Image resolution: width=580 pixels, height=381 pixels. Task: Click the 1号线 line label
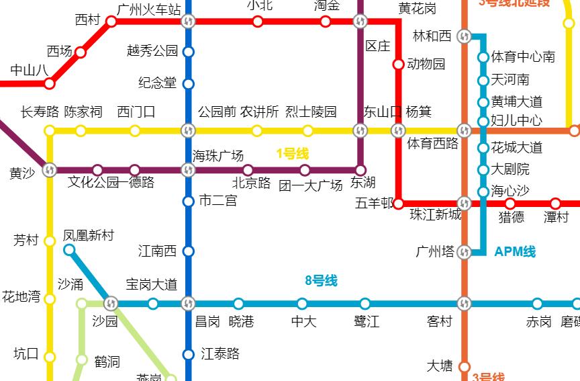click(x=292, y=154)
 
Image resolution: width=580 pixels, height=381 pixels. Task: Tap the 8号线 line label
click(x=321, y=281)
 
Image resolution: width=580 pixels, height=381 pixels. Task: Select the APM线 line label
click(x=515, y=252)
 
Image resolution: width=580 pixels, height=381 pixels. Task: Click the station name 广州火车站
click(x=148, y=9)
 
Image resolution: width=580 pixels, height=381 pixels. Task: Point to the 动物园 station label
click(x=426, y=64)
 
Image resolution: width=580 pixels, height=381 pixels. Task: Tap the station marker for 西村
click(x=111, y=22)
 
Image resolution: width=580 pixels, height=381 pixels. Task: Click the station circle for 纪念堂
click(x=188, y=84)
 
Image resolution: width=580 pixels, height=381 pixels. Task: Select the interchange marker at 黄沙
click(x=49, y=170)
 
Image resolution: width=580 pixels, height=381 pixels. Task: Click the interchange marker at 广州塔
click(x=464, y=253)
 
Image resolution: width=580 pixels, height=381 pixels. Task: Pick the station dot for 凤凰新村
click(x=69, y=250)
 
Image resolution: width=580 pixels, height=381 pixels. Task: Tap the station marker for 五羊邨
click(x=398, y=203)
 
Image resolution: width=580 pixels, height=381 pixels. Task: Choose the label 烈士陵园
click(x=311, y=112)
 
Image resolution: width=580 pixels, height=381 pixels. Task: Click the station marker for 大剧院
click(x=483, y=170)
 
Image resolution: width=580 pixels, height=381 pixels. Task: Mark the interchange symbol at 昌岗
click(x=188, y=304)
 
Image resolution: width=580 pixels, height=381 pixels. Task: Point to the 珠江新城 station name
click(x=436, y=215)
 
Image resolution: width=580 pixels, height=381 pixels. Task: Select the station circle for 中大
click(x=302, y=304)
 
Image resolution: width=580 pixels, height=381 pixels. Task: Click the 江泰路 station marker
click(x=188, y=354)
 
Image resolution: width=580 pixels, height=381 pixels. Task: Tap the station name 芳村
click(x=26, y=240)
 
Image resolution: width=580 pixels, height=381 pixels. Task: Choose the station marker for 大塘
click(x=464, y=366)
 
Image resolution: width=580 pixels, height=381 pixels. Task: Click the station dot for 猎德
click(x=510, y=204)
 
